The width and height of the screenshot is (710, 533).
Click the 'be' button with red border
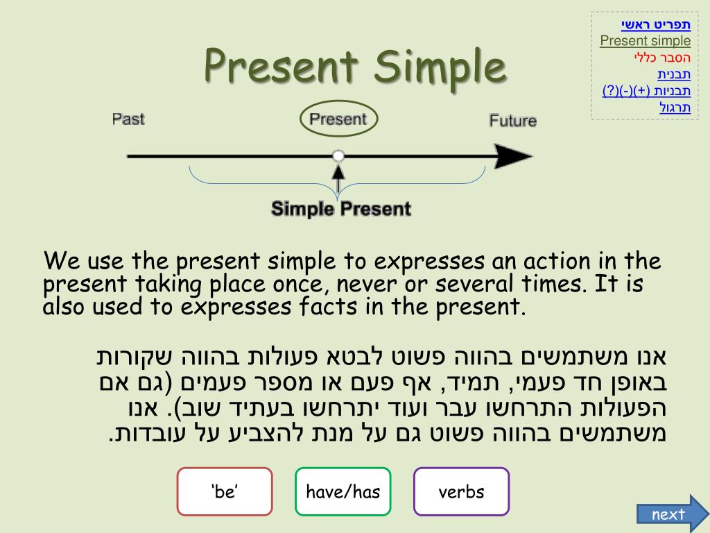coord(225,492)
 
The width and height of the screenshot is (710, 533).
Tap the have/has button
coord(343,492)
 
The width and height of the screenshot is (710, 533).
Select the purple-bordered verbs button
coord(461,492)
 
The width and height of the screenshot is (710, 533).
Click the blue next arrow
coord(669,514)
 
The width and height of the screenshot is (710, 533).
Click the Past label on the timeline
coord(128,119)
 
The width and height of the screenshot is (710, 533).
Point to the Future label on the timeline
coord(512,121)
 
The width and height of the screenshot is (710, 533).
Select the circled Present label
coord(338,119)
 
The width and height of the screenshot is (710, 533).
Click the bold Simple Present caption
coord(340,208)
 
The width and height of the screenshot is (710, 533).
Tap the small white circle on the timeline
coord(338,156)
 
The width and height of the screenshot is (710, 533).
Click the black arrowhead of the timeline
coord(516,157)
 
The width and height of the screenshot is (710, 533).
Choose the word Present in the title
coord(282,67)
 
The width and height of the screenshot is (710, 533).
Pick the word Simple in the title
coord(440,67)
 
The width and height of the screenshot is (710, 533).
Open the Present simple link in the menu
coord(645,41)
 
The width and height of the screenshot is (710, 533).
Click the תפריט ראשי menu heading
coord(655,25)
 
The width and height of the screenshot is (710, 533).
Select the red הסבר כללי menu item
coord(661,58)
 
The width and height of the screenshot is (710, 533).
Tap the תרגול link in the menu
coord(675,108)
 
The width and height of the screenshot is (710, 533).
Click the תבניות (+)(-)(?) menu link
coord(646,91)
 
